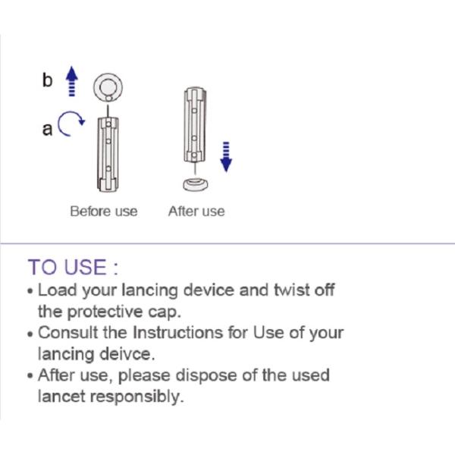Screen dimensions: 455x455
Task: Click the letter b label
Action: [47, 80]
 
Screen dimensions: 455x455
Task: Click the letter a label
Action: [47, 129]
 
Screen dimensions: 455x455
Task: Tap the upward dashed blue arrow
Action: [72, 81]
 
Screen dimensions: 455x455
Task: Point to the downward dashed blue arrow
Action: [226, 157]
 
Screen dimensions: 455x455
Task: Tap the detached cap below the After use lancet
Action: [196, 184]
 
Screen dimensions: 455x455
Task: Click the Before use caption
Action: [104, 212]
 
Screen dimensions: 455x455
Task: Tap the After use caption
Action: [196, 212]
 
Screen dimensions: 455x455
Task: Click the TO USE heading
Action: [73, 267]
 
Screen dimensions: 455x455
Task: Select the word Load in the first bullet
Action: [57, 290]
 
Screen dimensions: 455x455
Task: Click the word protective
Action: [105, 312]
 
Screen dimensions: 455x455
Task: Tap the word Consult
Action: [68, 333]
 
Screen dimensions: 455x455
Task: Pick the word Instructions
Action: [178, 333]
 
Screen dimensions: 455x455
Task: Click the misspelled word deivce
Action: [127, 354]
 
